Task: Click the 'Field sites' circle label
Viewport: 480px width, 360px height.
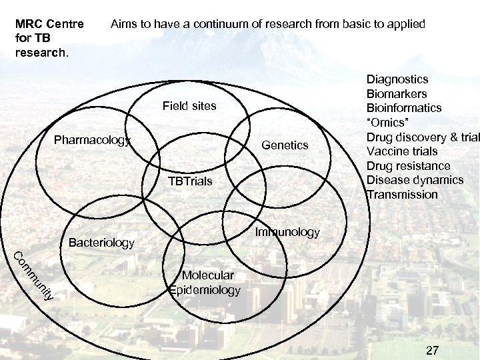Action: [189, 106]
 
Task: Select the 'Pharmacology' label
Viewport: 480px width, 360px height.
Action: [93, 141]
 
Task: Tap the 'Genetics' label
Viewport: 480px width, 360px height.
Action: [285, 145]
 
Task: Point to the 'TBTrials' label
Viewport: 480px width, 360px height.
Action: [190, 181]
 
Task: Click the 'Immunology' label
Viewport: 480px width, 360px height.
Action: [287, 232]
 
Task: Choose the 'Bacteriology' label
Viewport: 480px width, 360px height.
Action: [101, 243]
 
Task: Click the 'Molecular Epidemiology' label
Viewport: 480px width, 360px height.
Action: [205, 283]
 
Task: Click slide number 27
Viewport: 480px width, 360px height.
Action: [432, 351]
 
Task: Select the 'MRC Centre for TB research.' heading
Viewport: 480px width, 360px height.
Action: [49, 38]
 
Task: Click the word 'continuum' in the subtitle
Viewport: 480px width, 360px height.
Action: [224, 24]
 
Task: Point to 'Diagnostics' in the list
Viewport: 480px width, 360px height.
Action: [397, 79]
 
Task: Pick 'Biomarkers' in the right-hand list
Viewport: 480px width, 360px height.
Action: [397, 94]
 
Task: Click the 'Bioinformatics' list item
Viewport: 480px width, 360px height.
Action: [403, 108]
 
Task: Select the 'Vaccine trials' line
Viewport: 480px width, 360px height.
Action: [401, 151]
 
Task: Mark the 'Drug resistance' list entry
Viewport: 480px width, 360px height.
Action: [408, 166]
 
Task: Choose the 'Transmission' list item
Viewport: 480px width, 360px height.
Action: [402, 195]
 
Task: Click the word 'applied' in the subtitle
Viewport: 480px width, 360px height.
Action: [405, 24]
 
